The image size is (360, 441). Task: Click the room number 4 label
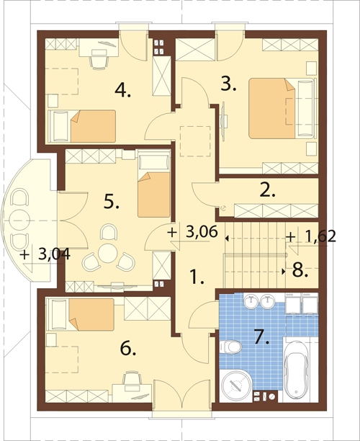click(122, 91)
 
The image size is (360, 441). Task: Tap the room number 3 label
click(228, 84)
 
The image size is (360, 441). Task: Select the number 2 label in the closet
click(268, 190)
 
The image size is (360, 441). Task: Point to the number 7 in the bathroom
click(261, 337)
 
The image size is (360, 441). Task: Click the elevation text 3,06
click(202, 232)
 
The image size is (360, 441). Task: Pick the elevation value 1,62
click(320, 237)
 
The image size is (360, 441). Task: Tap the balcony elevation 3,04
click(54, 255)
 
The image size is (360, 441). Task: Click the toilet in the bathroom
click(230, 347)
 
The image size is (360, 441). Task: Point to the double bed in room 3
click(281, 108)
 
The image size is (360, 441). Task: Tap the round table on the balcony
click(19, 220)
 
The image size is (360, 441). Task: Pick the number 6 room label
click(128, 349)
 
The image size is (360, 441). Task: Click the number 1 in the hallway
click(197, 277)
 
